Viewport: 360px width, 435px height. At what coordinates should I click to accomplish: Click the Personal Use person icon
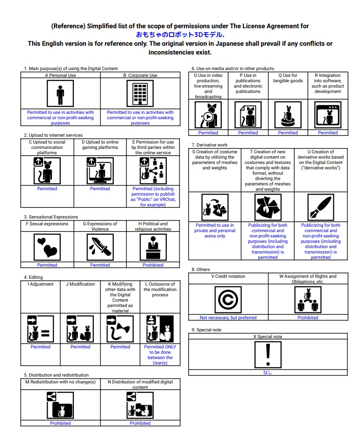[60, 93]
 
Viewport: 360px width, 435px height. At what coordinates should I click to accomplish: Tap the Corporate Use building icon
[140, 93]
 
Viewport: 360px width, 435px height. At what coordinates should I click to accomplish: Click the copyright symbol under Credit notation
[228, 299]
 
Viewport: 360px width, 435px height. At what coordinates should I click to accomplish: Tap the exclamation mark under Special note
[268, 354]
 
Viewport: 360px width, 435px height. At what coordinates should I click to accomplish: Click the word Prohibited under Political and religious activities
[153, 265]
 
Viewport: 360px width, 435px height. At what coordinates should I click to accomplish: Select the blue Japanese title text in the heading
[180, 35]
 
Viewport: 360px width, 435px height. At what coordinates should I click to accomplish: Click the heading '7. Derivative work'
[210, 145]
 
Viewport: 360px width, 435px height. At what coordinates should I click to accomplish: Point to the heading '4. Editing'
[34, 277]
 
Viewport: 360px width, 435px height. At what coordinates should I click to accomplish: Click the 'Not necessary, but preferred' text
[228, 318]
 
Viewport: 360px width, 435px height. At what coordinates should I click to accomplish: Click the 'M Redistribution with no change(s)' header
[60, 382]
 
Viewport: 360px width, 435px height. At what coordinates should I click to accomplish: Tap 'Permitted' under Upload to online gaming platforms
[100, 189]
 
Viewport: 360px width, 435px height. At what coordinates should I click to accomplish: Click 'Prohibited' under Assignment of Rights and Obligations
[308, 318]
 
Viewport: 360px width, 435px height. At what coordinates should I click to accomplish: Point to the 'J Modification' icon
[80, 329]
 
